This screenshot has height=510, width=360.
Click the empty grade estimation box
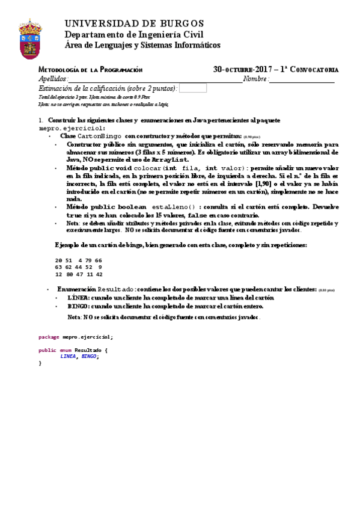coord(193,88)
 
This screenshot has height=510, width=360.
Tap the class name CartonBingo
coord(100,136)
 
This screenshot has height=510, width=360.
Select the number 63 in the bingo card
coord(58,266)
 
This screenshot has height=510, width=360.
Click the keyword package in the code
coord(49,337)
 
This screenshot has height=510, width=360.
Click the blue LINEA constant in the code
coord(68,356)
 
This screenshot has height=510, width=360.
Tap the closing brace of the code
coord(40,363)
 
